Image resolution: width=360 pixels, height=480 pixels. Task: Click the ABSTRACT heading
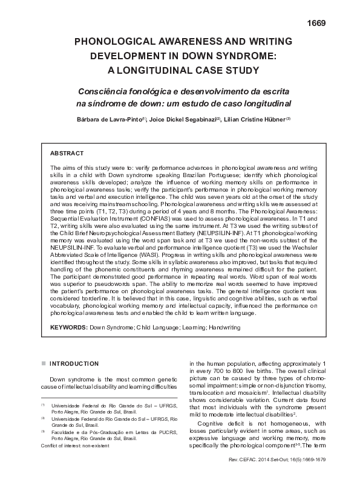pos(67,154)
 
